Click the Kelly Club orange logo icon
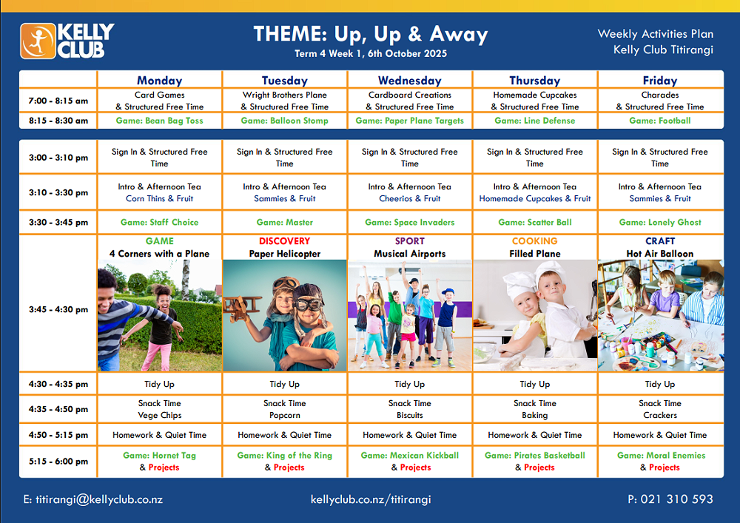tap(38, 41)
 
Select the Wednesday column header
tap(410, 81)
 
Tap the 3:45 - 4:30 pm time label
tap(58, 309)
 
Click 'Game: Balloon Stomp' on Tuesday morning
tap(285, 121)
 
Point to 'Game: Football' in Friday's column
tap(660, 121)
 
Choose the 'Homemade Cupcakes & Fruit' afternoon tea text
tap(535, 198)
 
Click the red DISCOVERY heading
tap(285, 241)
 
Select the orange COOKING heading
tap(535, 241)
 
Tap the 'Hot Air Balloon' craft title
tap(660, 254)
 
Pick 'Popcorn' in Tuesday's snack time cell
tap(285, 416)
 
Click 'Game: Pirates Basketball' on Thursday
tap(535, 456)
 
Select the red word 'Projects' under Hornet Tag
tap(164, 468)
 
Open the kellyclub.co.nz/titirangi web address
tap(371, 499)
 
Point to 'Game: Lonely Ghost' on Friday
tap(660, 222)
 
